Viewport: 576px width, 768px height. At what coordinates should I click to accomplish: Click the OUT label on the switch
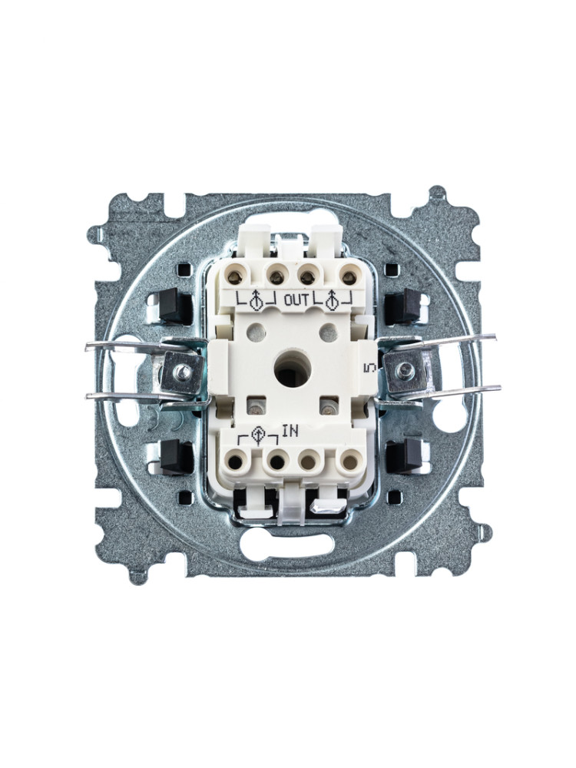click(296, 300)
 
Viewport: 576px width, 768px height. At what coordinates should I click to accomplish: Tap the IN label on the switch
click(290, 431)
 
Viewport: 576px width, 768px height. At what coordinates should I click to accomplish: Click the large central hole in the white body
click(289, 368)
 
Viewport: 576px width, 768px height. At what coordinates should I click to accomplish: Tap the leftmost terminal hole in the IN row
click(236, 461)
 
